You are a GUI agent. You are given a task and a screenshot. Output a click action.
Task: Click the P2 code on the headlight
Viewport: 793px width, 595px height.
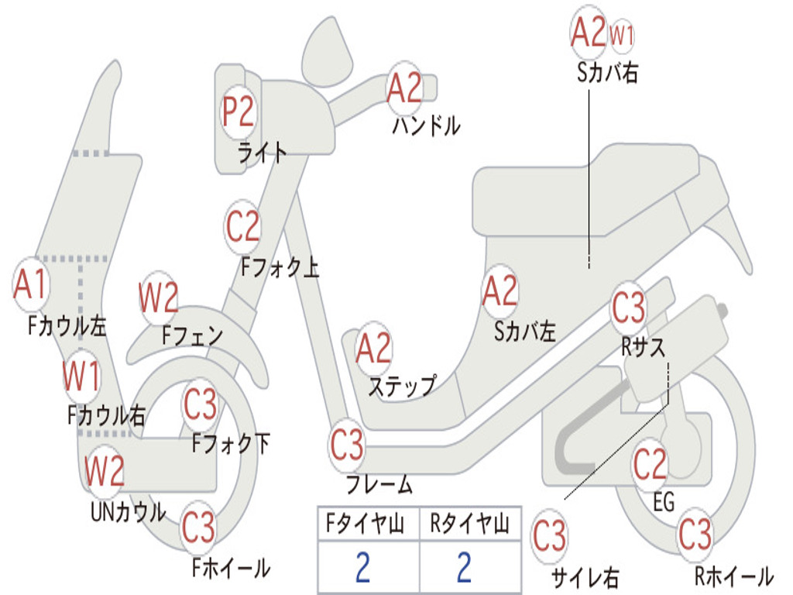[238, 112]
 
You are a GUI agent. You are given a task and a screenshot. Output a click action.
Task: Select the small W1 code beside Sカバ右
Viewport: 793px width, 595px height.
[622, 35]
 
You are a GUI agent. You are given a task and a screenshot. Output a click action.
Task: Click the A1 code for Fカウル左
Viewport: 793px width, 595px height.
[31, 284]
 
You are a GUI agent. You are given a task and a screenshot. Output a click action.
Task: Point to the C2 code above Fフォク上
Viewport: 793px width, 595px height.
[243, 226]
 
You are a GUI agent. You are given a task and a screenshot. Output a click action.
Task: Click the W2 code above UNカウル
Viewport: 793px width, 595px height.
[105, 470]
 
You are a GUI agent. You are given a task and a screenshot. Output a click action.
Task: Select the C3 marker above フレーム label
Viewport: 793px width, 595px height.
[347, 445]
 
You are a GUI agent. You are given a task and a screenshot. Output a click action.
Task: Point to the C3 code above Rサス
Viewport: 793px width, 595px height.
[628, 308]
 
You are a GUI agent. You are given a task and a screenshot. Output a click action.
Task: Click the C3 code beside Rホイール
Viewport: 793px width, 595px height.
[694, 533]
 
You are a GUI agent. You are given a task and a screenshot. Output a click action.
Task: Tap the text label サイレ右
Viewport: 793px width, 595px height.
[585, 577]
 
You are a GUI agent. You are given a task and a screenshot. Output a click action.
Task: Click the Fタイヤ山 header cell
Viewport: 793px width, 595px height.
[368, 525]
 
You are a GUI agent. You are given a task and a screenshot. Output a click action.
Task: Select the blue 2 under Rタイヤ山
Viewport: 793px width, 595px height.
[464, 568]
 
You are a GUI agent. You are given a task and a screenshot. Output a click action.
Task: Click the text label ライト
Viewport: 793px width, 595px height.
[262, 152]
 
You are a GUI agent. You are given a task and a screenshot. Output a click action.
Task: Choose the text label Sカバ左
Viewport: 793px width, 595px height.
[525, 332]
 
